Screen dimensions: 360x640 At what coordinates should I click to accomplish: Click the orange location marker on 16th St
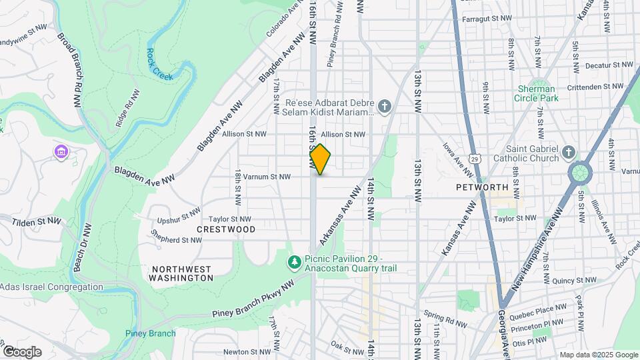320,159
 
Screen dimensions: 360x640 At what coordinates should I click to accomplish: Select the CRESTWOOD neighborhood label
226,229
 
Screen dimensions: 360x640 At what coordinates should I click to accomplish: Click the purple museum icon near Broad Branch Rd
61,153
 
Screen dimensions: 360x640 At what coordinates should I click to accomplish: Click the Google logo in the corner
21,351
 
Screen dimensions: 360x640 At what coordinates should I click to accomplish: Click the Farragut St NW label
487,19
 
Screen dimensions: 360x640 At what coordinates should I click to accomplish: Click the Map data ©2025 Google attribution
599,355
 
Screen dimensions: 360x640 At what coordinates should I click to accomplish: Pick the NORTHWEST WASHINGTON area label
181,273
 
